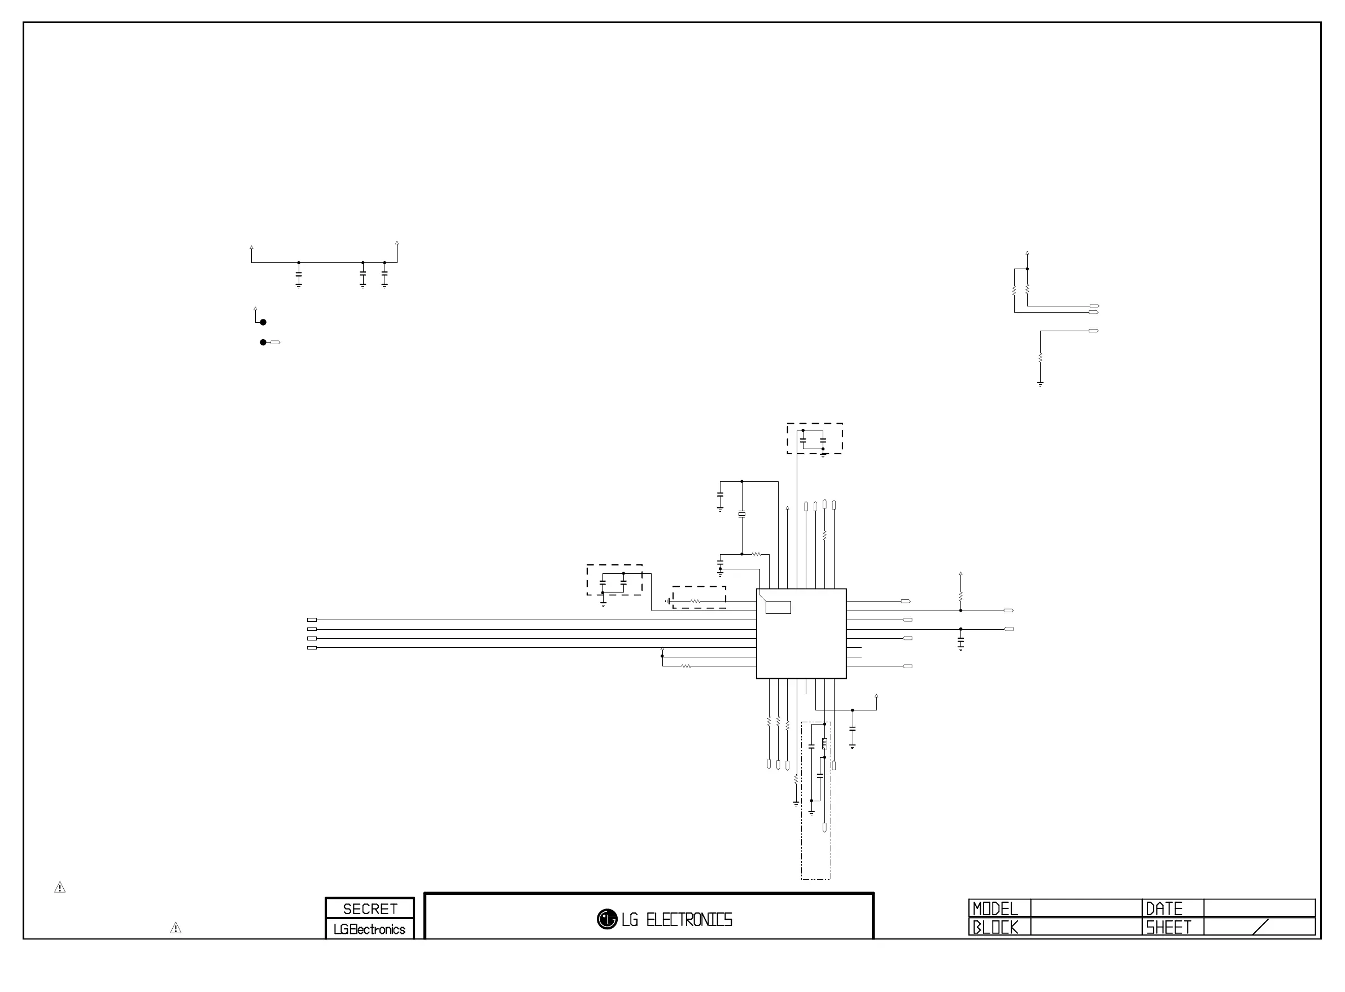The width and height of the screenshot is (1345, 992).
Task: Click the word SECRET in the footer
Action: pos(369,908)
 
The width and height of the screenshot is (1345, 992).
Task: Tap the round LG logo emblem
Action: pos(607,919)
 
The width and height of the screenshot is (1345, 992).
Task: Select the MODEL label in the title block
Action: pos(995,908)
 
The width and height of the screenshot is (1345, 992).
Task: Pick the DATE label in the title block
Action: pos(1164,908)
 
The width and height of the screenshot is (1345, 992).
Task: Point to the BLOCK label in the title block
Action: pos(995,927)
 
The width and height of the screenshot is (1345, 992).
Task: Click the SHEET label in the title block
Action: pos(1168,927)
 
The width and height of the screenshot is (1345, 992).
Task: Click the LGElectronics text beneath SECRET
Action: pos(369,929)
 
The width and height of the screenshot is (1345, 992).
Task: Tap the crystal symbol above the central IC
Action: pos(742,514)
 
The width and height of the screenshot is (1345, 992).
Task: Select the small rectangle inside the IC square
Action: pos(778,607)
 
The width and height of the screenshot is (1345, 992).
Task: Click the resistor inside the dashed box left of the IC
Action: pos(696,601)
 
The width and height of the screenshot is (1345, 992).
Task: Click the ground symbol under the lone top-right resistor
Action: pos(1041,383)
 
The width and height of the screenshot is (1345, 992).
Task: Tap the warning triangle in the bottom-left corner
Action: pos(60,888)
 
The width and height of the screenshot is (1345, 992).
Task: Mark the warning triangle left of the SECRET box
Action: pos(176,928)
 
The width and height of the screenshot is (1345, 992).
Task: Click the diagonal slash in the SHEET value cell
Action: pos(1261,927)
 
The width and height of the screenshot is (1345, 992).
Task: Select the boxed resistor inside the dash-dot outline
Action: pos(825,743)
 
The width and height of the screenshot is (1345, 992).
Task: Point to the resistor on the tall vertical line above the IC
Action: pos(825,534)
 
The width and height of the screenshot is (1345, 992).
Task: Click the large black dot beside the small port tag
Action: pos(263,343)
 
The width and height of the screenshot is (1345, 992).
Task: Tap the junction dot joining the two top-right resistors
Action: pos(1027,269)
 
